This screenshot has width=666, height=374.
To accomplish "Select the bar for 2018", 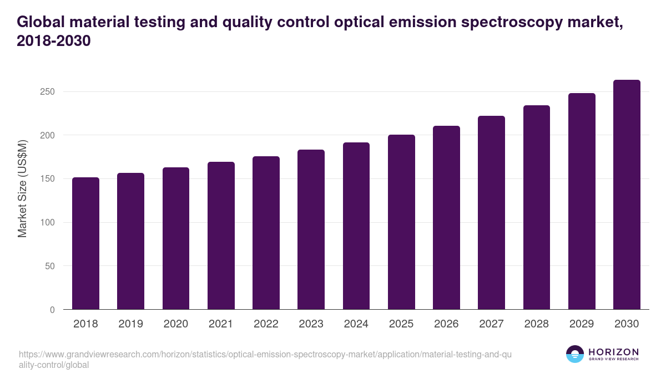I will click(x=85, y=244).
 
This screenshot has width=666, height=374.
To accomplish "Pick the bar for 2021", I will click(x=221, y=236).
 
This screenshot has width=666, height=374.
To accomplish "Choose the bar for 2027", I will click(x=491, y=213).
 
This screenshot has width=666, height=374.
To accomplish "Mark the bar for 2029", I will click(x=582, y=202).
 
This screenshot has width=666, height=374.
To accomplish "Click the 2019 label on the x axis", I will click(x=130, y=324).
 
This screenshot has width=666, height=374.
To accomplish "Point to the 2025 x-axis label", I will click(x=401, y=324).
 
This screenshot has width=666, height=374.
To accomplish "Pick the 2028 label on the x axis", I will click(x=536, y=324).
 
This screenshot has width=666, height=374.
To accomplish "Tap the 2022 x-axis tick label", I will click(x=266, y=324).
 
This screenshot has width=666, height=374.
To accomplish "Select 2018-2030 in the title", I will click(x=54, y=41).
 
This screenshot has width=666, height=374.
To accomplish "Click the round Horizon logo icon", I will click(x=574, y=354).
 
